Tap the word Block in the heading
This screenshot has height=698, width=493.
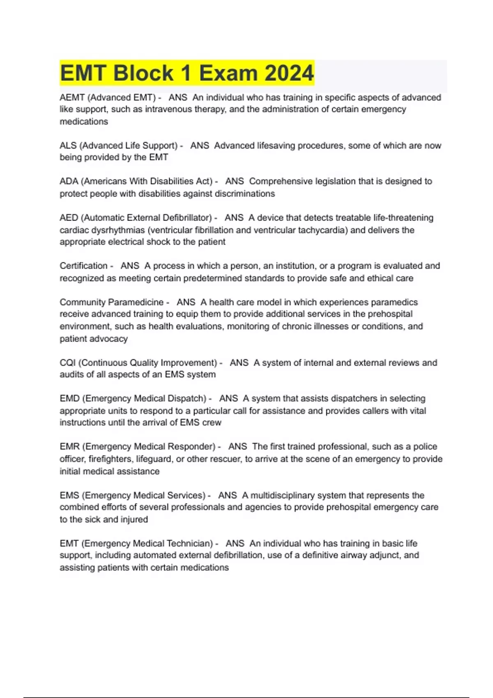coord(143,73)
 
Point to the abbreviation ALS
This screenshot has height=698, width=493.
coord(68,145)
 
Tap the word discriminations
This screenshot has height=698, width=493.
coord(242,193)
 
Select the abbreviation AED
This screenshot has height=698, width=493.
coord(69,218)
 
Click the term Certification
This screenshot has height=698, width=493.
coord(83,266)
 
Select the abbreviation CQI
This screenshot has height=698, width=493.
coord(68,363)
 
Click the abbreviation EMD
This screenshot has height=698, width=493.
coord(69,398)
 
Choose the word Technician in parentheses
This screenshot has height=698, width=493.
coord(188,543)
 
